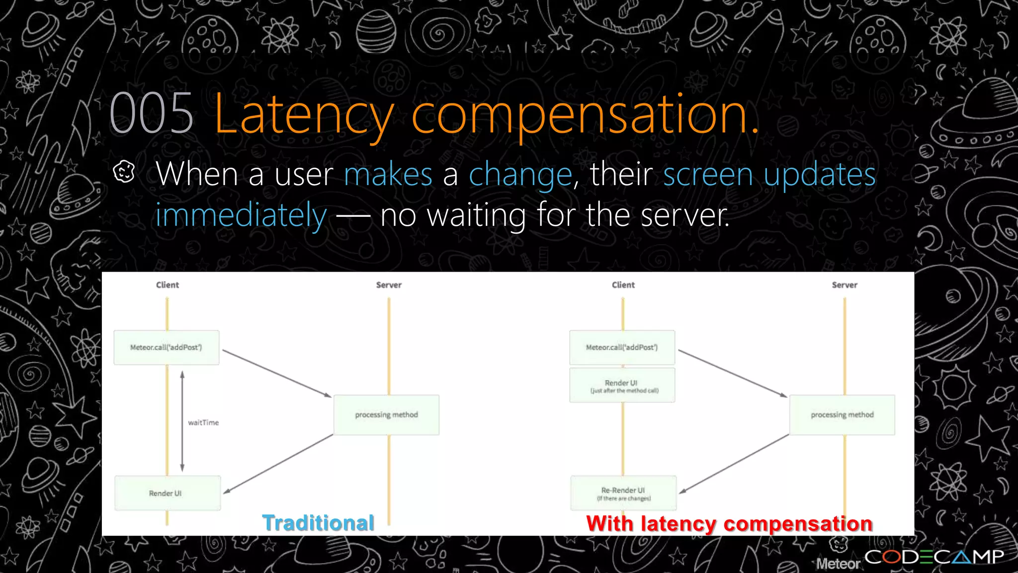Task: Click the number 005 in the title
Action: [x=151, y=114]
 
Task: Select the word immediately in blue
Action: [x=241, y=215]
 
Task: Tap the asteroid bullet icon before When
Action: [x=124, y=172]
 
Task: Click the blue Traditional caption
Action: [x=318, y=523]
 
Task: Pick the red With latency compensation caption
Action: [x=729, y=524]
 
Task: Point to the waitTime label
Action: [x=203, y=422]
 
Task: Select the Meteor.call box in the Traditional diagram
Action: [x=166, y=347]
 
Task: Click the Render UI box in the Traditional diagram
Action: [x=167, y=493]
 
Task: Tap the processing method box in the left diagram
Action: [x=386, y=415]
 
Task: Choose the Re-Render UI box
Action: [x=623, y=493]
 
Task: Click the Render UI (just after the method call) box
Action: [x=622, y=385]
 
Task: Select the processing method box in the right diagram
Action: [x=842, y=415]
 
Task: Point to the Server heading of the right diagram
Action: [x=844, y=285]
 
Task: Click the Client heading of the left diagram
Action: [x=167, y=285]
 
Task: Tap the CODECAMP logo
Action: [x=934, y=557]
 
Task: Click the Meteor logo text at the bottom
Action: [x=838, y=564]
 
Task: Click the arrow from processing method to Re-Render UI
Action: [x=734, y=464]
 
